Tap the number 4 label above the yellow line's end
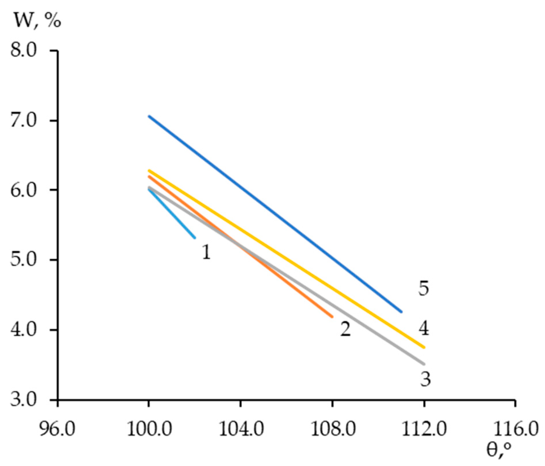coord(423,328)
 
